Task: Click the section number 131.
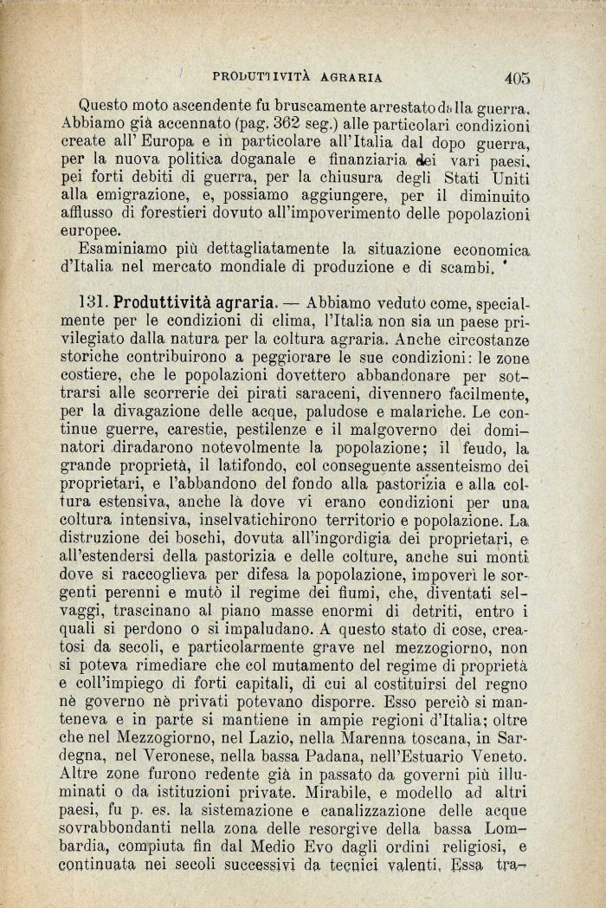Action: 93,303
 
